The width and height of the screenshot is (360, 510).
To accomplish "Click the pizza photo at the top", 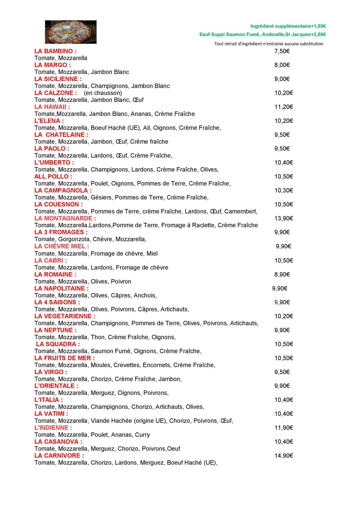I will [71, 32].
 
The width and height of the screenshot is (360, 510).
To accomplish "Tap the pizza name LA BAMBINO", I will [55, 51].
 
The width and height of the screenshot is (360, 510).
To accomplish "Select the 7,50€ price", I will [282, 51].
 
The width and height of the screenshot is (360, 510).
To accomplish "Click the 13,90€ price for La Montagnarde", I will [284, 218].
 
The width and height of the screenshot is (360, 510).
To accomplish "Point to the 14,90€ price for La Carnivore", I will [284, 456].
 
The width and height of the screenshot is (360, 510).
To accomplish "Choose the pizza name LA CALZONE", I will [55, 93].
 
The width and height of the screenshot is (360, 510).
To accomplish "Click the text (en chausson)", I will [103, 93].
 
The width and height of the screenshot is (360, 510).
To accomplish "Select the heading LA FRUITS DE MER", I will [65, 358].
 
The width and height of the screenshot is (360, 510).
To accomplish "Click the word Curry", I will [142, 435].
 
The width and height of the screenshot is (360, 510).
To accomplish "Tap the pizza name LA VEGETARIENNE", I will [65, 316].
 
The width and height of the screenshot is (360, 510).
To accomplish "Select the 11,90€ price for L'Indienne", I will [284, 428].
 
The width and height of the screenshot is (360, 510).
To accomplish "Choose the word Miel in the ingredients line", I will [152, 254].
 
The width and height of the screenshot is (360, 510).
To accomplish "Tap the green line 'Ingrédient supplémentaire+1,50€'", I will [288, 26].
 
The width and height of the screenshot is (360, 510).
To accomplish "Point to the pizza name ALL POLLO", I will [53, 177].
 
